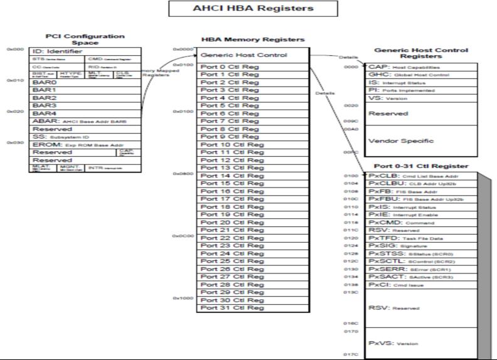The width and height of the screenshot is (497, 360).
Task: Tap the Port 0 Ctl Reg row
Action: pyautogui.click(x=230, y=66)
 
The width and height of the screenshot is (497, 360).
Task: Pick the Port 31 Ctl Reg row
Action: pyautogui.click(x=232, y=307)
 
